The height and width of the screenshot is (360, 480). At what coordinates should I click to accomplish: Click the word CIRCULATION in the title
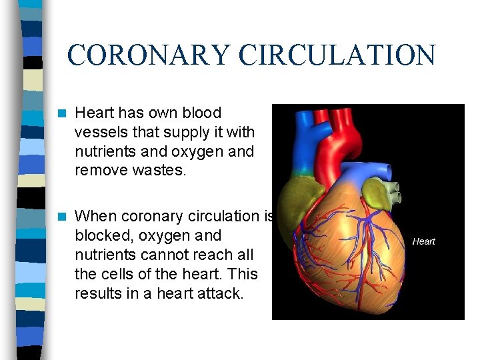tap(337, 55)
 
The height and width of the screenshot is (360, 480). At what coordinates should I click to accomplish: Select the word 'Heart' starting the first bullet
tap(94, 113)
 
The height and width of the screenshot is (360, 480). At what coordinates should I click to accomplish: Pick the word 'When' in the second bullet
tap(94, 217)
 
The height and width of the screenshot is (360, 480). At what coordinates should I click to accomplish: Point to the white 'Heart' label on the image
tap(423, 241)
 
